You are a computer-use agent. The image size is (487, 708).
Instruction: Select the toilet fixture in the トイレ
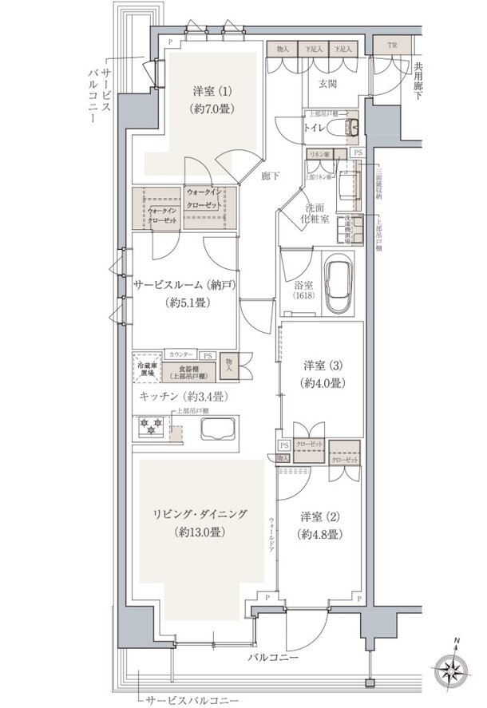click(350, 127)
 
